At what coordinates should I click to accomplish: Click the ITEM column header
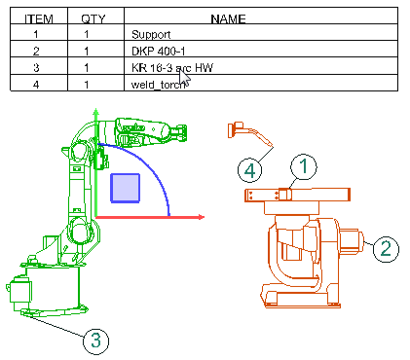[x=39, y=18]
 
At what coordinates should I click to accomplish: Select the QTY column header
[x=93, y=18]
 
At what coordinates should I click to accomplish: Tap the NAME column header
[x=228, y=18]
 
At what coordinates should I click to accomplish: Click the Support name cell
[x=151, y=34]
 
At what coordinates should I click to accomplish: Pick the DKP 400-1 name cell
[x=159, y=52]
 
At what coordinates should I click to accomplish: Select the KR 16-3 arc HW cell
[x=172, y=68]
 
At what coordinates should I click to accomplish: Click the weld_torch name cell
[x=159, y=85]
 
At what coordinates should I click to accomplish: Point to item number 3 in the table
[x=36, y=68]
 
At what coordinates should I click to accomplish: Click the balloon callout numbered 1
[x=304, y=166]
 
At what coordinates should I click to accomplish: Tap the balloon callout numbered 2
[x=386, y=249]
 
